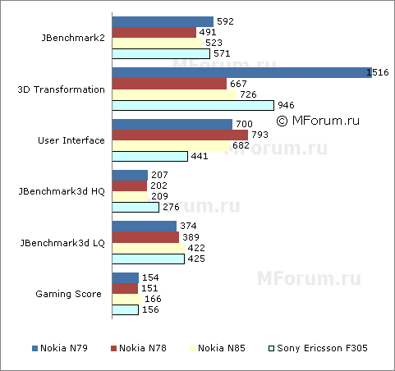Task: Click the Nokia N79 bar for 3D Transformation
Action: (x=240, y=73)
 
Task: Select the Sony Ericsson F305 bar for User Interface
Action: (x=150, y=156)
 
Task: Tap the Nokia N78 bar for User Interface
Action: (x=180, y=135)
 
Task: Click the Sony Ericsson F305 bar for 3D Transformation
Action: (x=193, y=105)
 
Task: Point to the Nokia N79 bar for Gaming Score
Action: (x=125, y=277)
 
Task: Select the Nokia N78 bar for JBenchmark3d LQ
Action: (x=145, y=237)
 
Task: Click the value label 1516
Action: (x=378, y=73)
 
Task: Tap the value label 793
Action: (x=259, y=135)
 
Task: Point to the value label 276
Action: (x=171, y=207)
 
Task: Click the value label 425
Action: (x=196, y=259)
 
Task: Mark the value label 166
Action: (x=150, y=300)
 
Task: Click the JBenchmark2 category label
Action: (x=72, y=38)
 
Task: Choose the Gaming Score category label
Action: (x=70, y=293)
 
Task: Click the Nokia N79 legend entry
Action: (x=58, y=349)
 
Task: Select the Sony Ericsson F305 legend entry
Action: (x=317, y=349)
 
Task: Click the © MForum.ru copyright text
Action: (x=318, y=120)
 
